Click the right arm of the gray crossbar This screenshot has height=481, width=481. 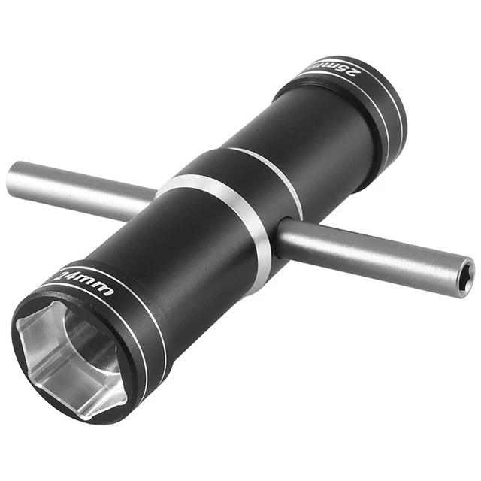[x=368, y=252]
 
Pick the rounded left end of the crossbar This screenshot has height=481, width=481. [x=12, y=179]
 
